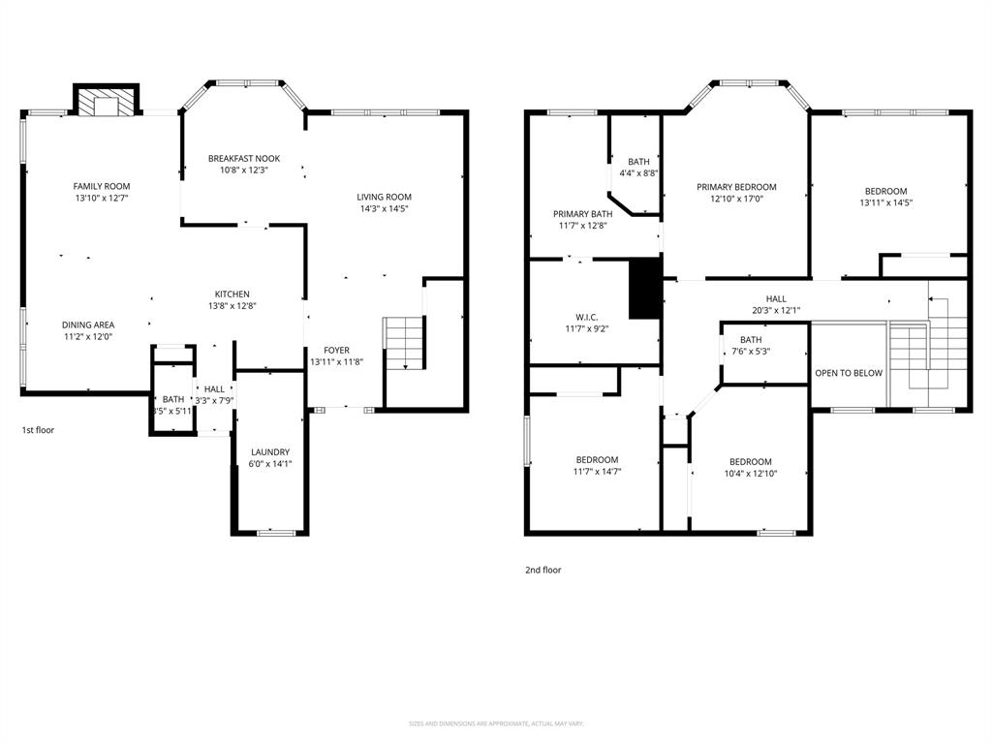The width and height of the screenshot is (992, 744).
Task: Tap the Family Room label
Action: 102,186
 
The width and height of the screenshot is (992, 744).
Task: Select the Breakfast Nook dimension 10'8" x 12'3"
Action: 244,170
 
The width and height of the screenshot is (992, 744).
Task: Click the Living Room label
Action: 384,197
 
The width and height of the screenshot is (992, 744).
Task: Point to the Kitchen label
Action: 232,294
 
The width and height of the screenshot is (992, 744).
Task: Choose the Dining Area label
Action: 88,325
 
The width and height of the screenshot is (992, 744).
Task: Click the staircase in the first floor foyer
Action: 406,343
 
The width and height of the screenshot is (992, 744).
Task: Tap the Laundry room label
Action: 270,452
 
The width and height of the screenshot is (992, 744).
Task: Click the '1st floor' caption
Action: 38,429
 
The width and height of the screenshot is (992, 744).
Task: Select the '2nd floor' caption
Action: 542,571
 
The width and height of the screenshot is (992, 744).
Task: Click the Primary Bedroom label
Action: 736,187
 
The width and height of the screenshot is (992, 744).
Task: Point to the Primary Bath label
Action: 582,214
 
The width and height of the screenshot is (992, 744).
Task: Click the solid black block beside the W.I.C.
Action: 644,288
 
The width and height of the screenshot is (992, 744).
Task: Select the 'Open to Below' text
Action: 849,373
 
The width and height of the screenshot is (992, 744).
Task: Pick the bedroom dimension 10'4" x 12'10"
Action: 751,474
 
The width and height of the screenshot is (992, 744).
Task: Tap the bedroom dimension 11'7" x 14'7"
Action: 597,472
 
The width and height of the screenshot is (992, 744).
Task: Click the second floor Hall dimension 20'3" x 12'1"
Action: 776,311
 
